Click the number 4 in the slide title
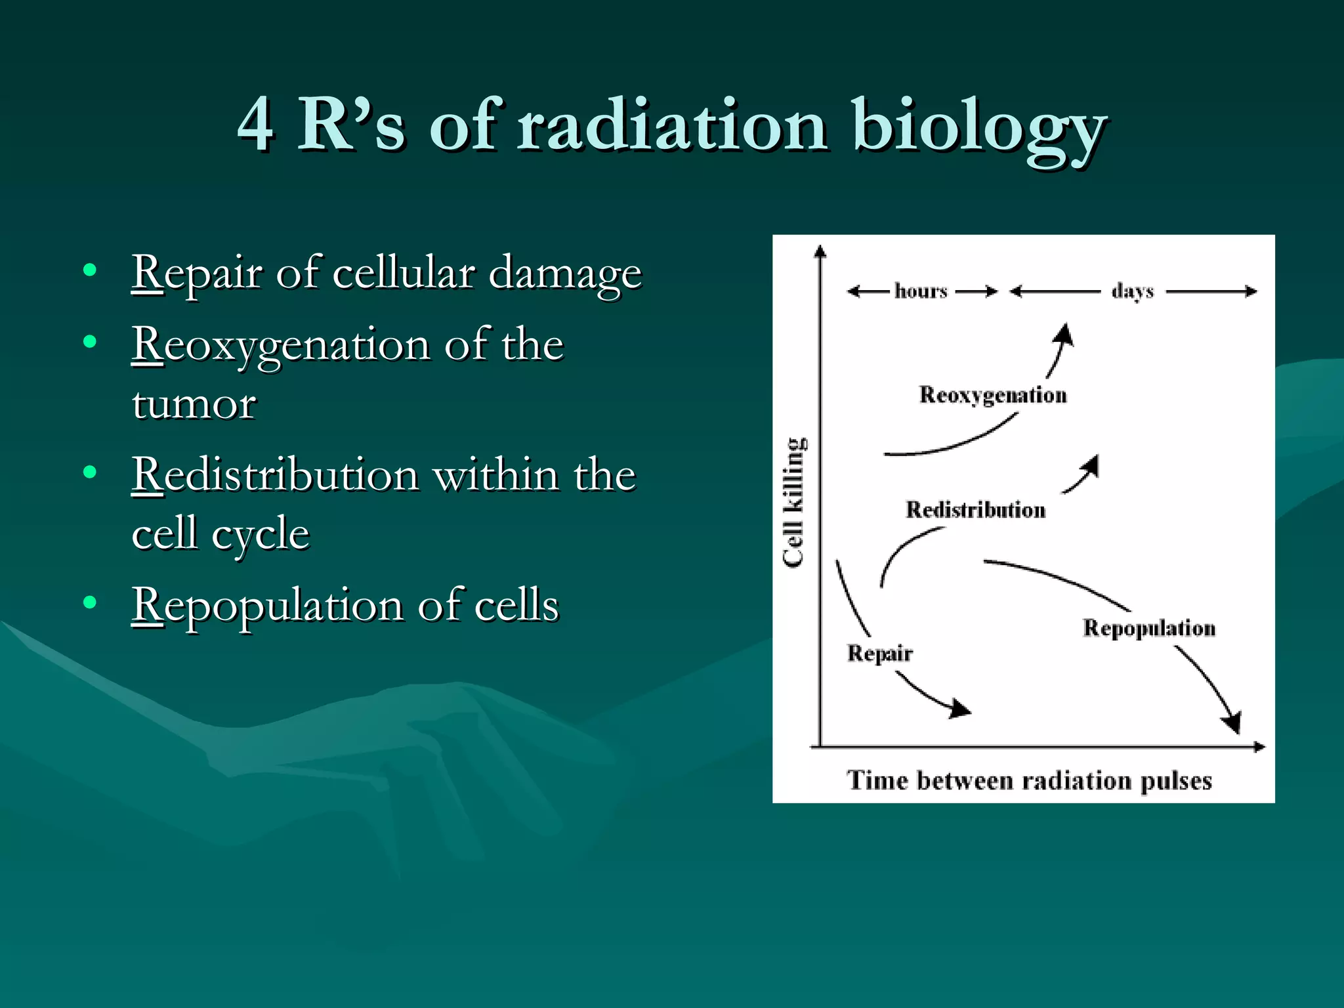click(256, 125)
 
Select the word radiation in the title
click(672, 125)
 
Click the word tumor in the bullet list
click(194, 404)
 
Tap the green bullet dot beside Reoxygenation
click(90, 341)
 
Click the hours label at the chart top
click(921, 291)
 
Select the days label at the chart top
click(1133, 291)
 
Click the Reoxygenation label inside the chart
click(992, 395)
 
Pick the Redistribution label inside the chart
click(975, 510)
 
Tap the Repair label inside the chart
click(879, 653)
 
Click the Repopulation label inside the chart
click(1148, 628)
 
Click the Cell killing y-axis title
click(794, 502)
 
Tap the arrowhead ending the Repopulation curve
click(1232, 723)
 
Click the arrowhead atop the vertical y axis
click(820, 250)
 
